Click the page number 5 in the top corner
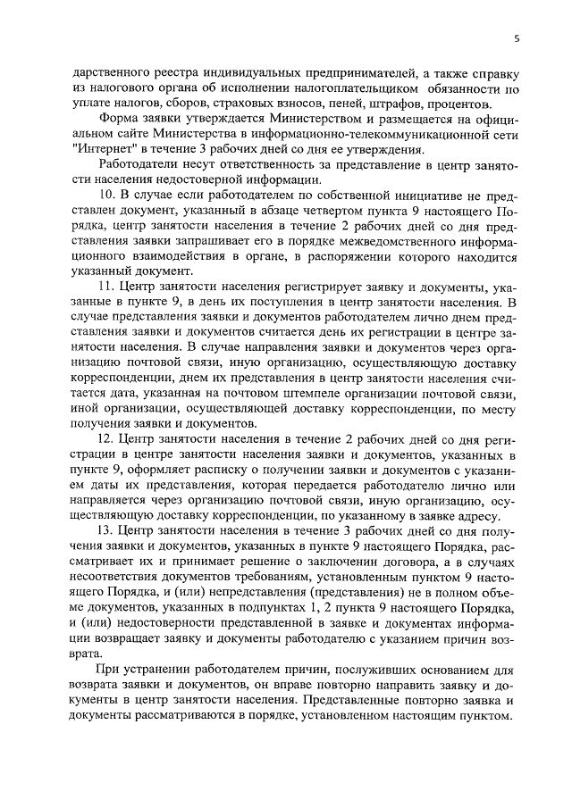pyautogui.click(x=516, y=37)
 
